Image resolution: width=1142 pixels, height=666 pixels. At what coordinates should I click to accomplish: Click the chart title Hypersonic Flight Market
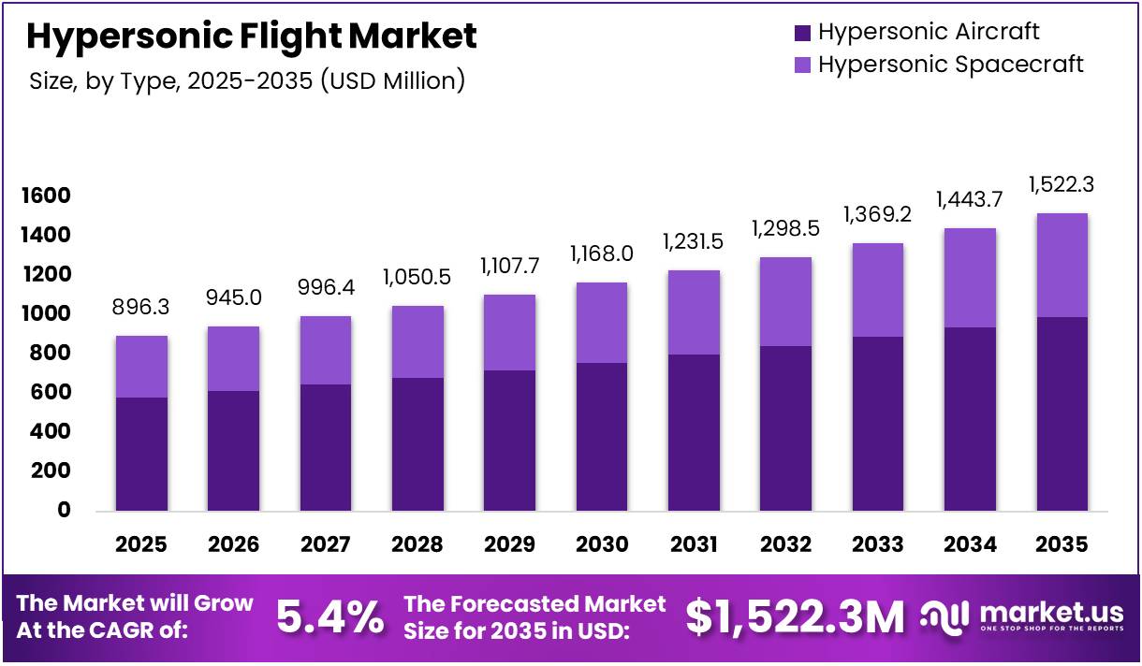251,36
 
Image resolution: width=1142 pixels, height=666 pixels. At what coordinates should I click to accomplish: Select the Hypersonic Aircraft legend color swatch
802,33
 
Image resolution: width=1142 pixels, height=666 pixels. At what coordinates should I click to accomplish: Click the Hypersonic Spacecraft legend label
950,65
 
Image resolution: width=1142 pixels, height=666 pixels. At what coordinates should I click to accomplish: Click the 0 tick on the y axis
65,510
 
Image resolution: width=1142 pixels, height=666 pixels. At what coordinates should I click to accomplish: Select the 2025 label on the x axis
141,544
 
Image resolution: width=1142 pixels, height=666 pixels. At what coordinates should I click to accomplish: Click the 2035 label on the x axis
1061,544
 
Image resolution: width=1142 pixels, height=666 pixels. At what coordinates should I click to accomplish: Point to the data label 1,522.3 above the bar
1061,185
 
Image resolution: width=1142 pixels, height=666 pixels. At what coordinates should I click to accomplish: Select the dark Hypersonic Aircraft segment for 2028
417,444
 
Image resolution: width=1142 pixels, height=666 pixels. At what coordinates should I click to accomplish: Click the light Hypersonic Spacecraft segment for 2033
877,290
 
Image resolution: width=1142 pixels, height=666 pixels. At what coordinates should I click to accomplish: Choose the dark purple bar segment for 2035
1061,413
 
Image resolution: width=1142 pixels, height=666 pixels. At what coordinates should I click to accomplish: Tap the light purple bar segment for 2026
233,358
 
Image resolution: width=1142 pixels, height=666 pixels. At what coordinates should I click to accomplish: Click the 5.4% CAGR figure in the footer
329,617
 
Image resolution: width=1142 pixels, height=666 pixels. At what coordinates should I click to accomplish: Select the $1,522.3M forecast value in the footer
795,617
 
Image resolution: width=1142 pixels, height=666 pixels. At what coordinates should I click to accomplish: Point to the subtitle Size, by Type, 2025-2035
246,80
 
